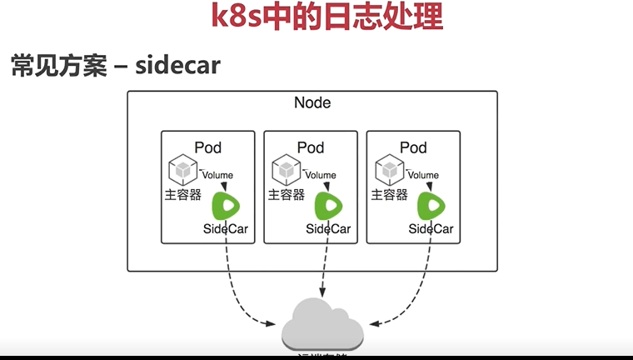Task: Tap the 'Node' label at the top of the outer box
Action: pos(312,103)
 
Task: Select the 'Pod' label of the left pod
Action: pos(207,147)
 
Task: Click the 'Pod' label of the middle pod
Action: pos(311,147)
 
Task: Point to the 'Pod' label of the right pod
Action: pos(413,147)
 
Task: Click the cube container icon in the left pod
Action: pos(182,169)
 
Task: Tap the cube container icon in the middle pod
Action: pos(286,169)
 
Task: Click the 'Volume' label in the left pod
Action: pos(217,175)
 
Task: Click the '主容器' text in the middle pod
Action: pos(286,195)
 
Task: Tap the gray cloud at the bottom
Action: pos(323,328)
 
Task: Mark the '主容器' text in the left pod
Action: pos(182,195)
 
